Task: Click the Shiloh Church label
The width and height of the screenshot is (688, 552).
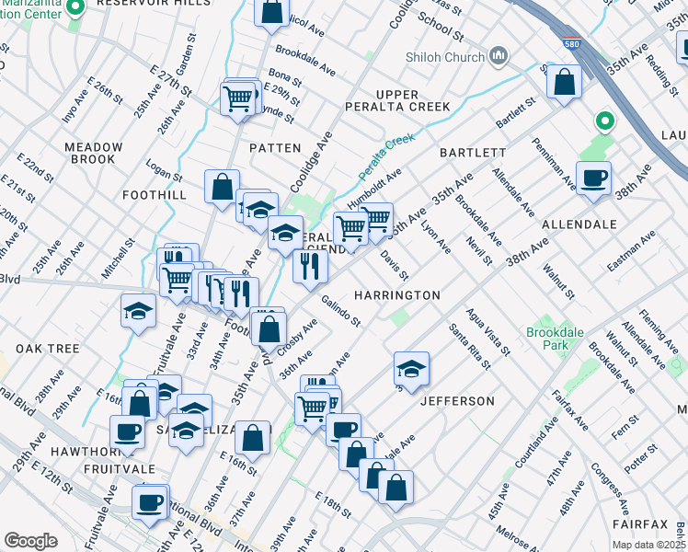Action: pyautogui.click(x=445, y=58)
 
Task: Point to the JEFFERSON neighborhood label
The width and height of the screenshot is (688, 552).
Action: pyautogui.click(x=457, y=401)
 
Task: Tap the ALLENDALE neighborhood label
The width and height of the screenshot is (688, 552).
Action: pyautogui.click(x=579, y=224)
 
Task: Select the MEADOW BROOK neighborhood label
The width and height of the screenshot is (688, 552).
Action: pyautogui.click(x=93, y=153)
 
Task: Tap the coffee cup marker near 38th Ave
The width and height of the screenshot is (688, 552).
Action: pyautogui.click(x=593, y=178)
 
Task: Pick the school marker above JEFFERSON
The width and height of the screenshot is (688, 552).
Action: pyautogui.click(x=411, y=369)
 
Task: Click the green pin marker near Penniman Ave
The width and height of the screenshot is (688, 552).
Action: pyautogui.click(x=604, y=120)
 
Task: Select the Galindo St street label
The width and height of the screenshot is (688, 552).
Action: pyautogui.click(x=340, y=310)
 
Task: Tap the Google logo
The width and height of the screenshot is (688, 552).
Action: pyautogui.click(x=30, y=541)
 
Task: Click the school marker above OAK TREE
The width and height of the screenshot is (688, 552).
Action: pyautogui.click(x=138, y=311)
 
